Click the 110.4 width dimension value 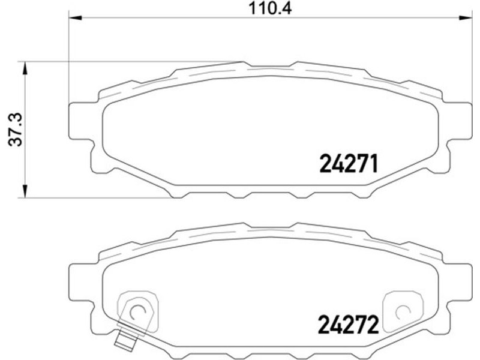[270, 8]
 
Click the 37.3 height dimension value [16, 129]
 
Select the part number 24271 [349, 163]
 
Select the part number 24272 [349, 325]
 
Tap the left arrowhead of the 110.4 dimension [75, 19]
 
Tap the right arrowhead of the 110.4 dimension [466, 19]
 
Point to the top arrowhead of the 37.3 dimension [25, 68]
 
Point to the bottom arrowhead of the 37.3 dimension [25, 191]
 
